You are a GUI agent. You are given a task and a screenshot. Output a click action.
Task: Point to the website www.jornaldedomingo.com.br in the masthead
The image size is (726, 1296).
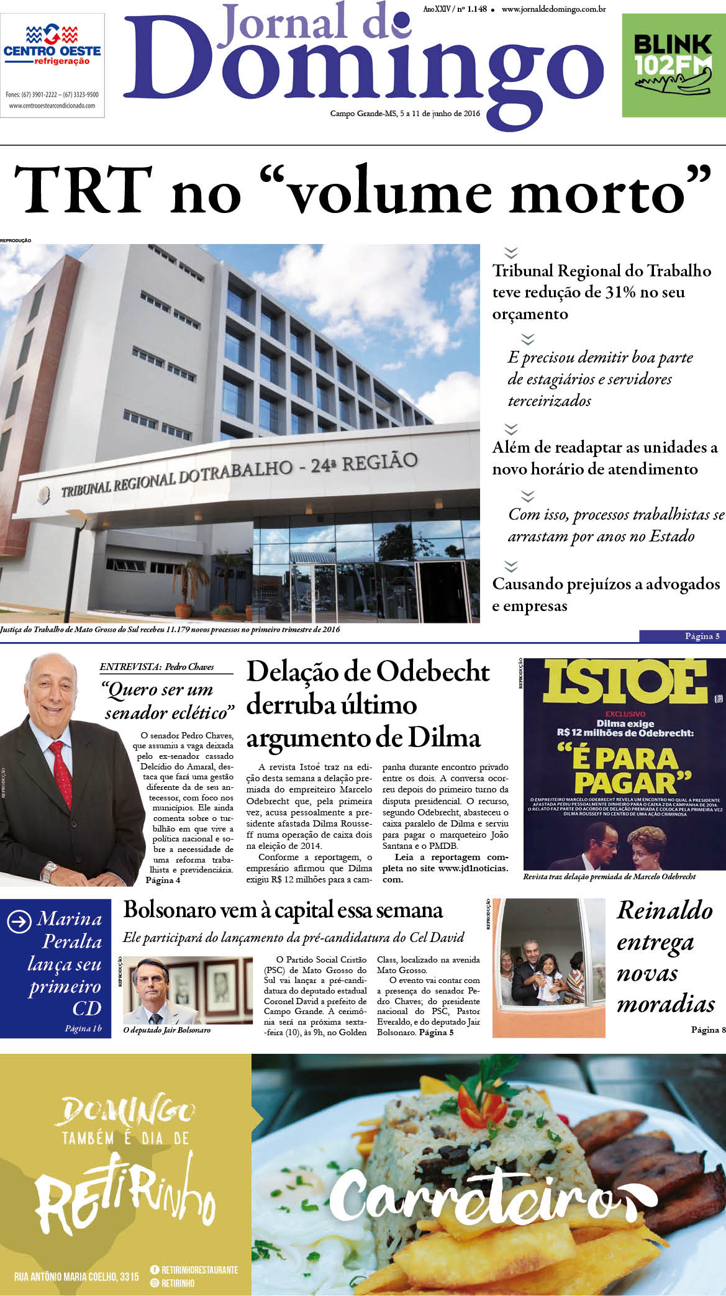553,9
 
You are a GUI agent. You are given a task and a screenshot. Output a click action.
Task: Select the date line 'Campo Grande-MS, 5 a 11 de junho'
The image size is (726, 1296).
406,114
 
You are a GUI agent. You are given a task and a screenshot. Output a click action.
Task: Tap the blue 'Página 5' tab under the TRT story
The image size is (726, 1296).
682,636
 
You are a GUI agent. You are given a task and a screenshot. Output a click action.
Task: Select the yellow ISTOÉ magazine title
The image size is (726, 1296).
625,681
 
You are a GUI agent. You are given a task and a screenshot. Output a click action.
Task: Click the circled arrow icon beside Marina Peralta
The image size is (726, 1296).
19,922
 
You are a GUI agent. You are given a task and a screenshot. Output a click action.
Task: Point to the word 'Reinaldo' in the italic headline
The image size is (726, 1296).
665,910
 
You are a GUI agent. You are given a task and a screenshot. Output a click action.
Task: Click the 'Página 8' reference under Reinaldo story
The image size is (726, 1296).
708,1030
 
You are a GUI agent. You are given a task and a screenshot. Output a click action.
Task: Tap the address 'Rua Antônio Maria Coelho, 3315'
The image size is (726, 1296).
76,1277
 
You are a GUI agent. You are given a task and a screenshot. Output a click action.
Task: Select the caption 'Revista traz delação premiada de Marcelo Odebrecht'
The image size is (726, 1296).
609,877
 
